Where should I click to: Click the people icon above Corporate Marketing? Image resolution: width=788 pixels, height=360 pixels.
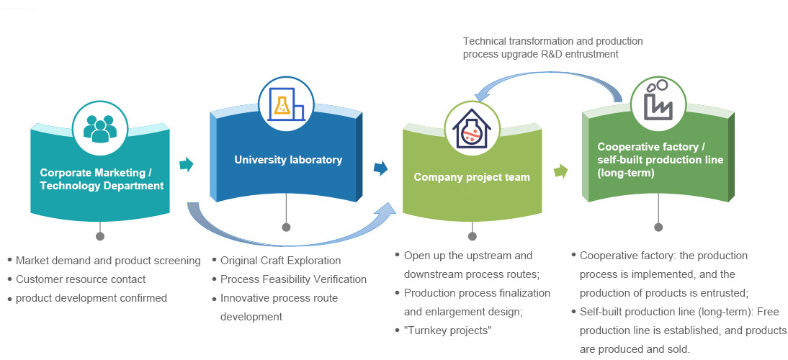tap(99, 128)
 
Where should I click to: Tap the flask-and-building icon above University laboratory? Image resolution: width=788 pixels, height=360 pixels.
tap(286, 104)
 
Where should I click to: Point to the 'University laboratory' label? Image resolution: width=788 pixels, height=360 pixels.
tap(288, 160)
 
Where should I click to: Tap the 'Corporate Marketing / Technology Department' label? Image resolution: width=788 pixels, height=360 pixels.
tap(102, 179)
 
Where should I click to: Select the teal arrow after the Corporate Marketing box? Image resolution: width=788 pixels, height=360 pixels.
tap(187, 165)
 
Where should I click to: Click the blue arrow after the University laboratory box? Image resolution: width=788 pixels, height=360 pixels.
tap(380, 168)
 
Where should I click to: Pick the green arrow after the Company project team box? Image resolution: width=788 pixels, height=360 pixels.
tap(560, 171)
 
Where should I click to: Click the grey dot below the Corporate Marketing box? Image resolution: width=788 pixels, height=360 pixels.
tap(100, 235)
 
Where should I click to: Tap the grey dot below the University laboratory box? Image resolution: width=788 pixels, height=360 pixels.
tap(286, 228)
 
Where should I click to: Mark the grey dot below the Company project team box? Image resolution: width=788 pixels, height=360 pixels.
tap(473, 235)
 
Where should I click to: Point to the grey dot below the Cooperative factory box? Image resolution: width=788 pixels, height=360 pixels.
tap(658, 228)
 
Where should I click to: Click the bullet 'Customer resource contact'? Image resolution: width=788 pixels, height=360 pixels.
tap(80, 279)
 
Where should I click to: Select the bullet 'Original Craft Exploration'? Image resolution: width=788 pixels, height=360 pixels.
tap(280, 261)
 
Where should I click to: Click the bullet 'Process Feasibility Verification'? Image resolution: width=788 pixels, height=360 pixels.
tap(293, 279)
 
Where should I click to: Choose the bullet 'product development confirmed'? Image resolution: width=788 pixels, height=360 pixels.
tap(91, 298)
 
